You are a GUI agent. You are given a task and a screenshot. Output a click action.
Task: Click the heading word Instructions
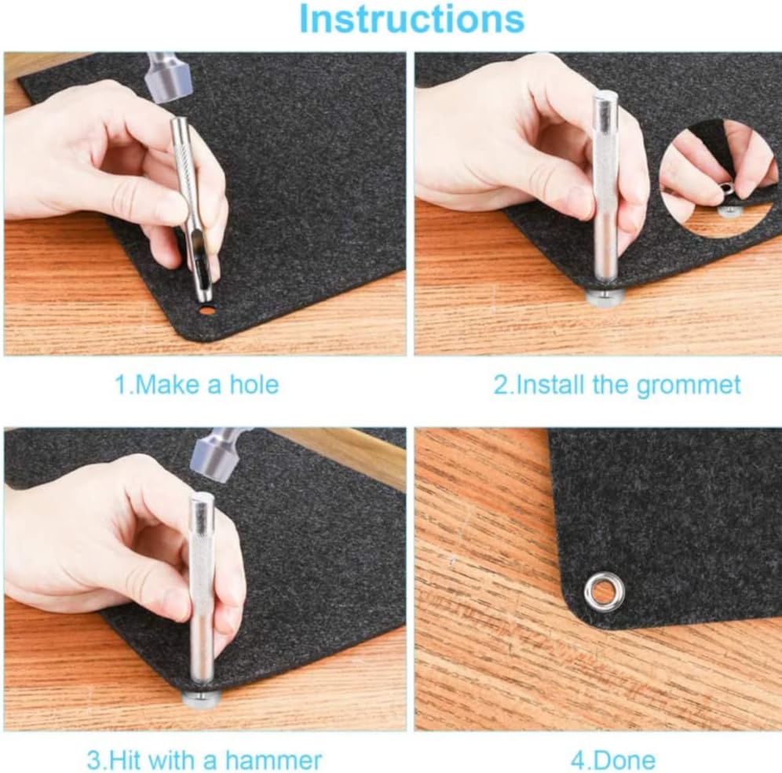[x=411, y=19]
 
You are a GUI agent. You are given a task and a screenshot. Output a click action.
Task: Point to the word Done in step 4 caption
[x=625, y=760]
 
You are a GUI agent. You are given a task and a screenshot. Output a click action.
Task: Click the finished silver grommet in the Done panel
[x=605, y=590]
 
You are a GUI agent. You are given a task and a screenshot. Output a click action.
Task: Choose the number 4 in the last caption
[x=576, y=760]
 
